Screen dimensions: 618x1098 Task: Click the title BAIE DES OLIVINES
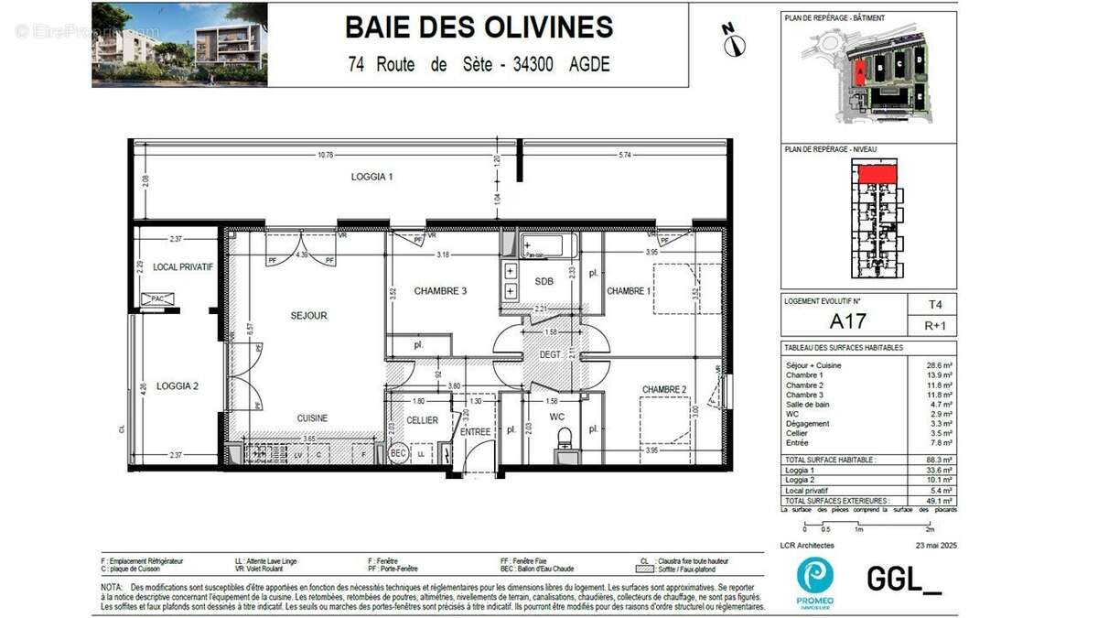tap(479, 27)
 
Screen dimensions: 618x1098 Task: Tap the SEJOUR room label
tap(308, 316)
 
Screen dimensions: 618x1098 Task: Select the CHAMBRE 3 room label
tap(440, 291)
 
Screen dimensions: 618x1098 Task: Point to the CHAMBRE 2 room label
tap(664, 389)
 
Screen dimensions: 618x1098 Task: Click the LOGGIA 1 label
tap(372, 177)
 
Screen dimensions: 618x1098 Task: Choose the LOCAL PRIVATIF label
tap(183, 267)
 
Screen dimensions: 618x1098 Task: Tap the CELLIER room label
tap(422, 420)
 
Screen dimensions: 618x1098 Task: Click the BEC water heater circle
tap(397, 453)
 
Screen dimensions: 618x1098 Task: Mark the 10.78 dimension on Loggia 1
tap(325, 155)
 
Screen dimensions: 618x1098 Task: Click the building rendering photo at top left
tap(179, 44)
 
